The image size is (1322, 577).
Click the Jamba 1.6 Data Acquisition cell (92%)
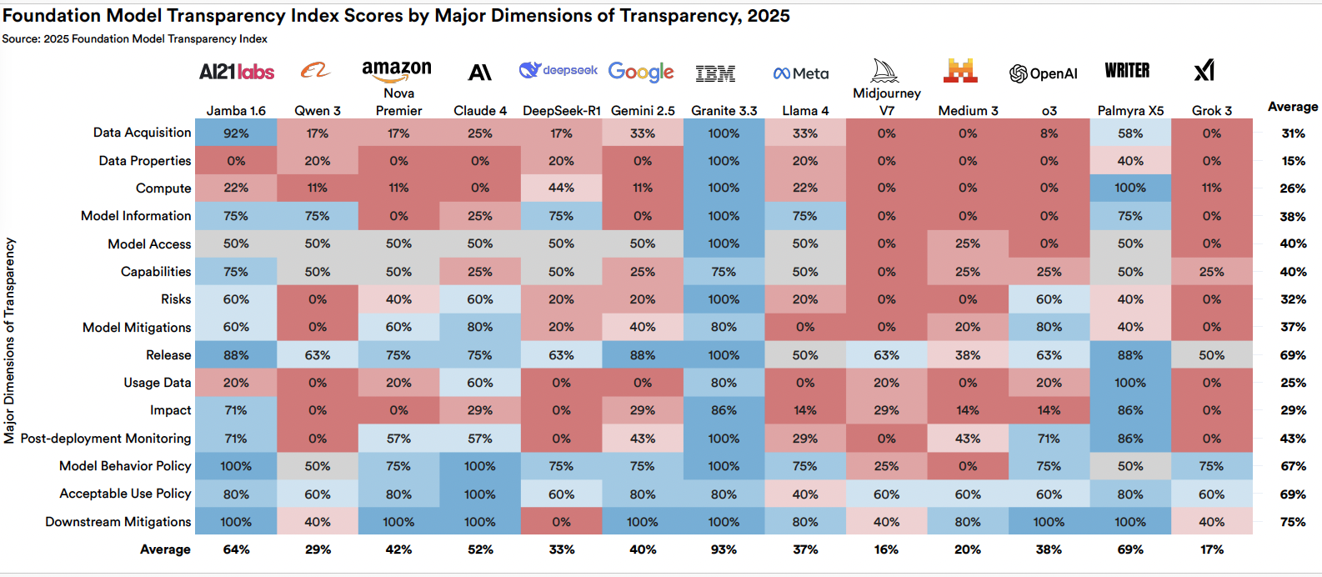(236, 133)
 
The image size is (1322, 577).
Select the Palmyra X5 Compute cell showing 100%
(1129, 188)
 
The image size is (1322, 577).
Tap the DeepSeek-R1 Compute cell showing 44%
(561, 188)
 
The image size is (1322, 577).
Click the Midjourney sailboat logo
(885, 71)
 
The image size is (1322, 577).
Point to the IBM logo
(715, 74)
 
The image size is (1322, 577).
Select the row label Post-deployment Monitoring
(106, 439)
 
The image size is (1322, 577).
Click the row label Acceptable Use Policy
(125, 494)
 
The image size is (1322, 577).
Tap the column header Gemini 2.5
(642, 111)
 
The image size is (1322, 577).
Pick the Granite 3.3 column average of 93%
(724, 549)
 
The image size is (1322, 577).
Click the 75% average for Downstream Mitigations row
(1292, 522)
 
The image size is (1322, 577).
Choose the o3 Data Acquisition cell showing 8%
(1049, 133)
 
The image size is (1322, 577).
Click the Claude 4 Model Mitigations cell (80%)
(480, 328)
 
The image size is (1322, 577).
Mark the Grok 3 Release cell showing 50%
(1211, 355)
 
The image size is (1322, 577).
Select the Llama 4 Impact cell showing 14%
(804, 410)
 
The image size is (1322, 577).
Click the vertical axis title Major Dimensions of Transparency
(10, 340)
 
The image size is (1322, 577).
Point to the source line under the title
(134, 39)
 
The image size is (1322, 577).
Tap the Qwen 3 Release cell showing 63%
(318, 355)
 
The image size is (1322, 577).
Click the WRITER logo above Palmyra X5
(1127, 71)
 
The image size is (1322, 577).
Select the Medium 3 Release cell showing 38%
(967, 355)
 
